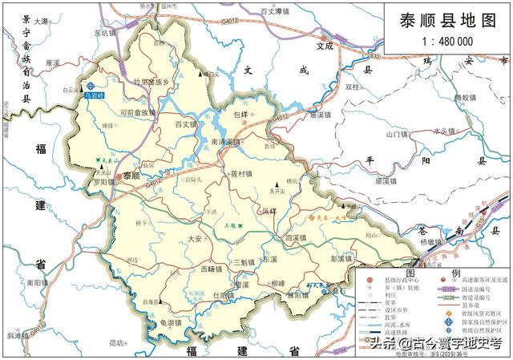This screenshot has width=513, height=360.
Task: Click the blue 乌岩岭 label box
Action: tap(95, 94)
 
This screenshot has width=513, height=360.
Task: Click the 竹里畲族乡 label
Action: tap(153, 81)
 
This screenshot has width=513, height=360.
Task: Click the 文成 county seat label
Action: tap(324, 47)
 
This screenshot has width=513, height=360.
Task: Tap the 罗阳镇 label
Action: tap(103, 182)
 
